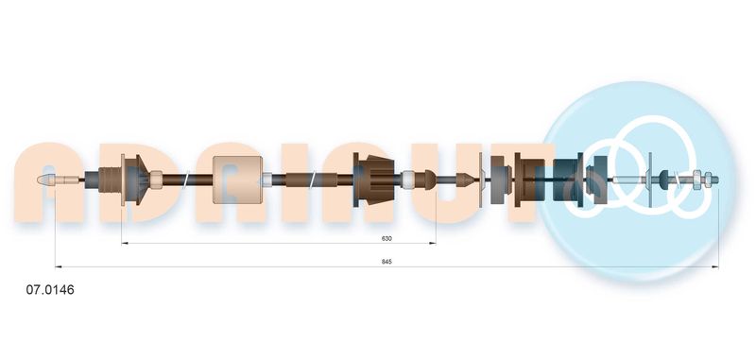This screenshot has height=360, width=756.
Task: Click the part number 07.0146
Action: (50, 290)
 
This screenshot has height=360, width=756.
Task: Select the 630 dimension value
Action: (387, 238)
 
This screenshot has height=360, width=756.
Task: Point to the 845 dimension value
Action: (387, 262)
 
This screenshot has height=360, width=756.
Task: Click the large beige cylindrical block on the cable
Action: (238, 180)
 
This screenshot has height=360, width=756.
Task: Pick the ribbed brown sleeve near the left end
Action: (110, 180)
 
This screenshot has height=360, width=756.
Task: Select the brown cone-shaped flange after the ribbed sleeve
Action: (136, 180)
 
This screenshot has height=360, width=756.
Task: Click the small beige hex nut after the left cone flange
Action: (156, 180)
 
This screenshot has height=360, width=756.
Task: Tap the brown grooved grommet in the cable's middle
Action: (374, 180)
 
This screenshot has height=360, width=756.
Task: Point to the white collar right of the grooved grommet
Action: (408, 180)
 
